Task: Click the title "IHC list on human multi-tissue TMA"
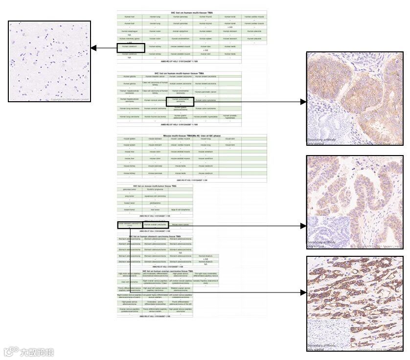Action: click(192, 13)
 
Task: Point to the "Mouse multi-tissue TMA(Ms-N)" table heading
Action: click(192, 135)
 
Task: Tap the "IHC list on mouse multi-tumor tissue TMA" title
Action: click(155, 186)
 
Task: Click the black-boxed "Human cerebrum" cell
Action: click(130, 47)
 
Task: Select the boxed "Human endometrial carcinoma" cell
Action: click(180, 101)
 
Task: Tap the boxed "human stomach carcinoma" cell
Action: click(130, 225)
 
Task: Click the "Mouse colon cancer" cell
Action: click(181, 225)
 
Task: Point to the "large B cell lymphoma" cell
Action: click(181, 209)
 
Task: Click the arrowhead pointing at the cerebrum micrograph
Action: click(93, 48)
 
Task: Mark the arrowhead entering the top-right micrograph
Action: click(303, 102)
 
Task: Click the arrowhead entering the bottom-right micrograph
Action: click(303, 292)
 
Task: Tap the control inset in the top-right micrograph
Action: click(323, 130)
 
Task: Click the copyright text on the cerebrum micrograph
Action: click(70, 99)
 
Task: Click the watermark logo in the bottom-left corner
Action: click(29, 352)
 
